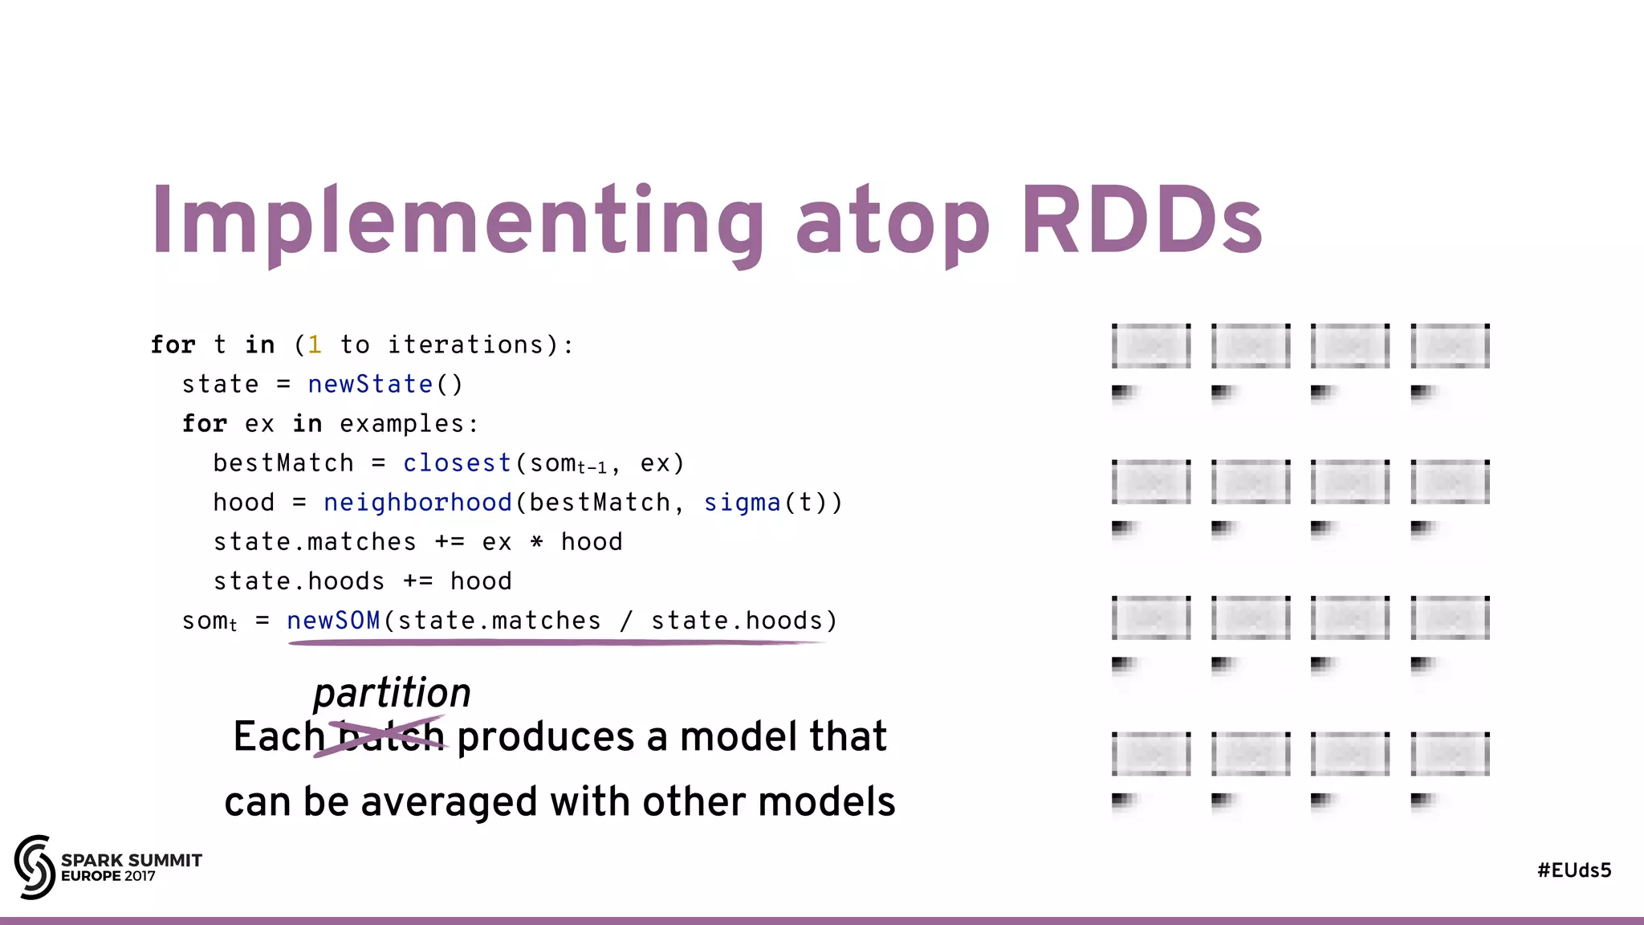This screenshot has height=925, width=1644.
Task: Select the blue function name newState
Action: [370, 385]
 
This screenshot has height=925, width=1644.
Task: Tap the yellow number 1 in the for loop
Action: [315, 345]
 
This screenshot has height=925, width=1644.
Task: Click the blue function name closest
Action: [457, 463]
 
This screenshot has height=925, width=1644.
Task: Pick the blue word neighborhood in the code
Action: [417, 503]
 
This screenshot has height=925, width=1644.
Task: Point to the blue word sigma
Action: [742, 503]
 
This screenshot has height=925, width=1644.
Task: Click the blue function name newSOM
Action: [333, 621]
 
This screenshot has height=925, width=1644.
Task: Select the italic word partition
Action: [392, 692]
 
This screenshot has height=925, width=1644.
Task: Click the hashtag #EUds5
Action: [1573, 870]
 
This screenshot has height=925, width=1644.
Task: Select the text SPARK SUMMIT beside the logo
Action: [132, 860]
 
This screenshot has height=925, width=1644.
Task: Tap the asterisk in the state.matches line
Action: [536, 542]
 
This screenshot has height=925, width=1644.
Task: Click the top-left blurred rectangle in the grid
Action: [1150, 346]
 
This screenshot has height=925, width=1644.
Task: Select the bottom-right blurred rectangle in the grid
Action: [1450, 754]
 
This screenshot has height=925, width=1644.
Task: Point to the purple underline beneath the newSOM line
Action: [554, 642]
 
